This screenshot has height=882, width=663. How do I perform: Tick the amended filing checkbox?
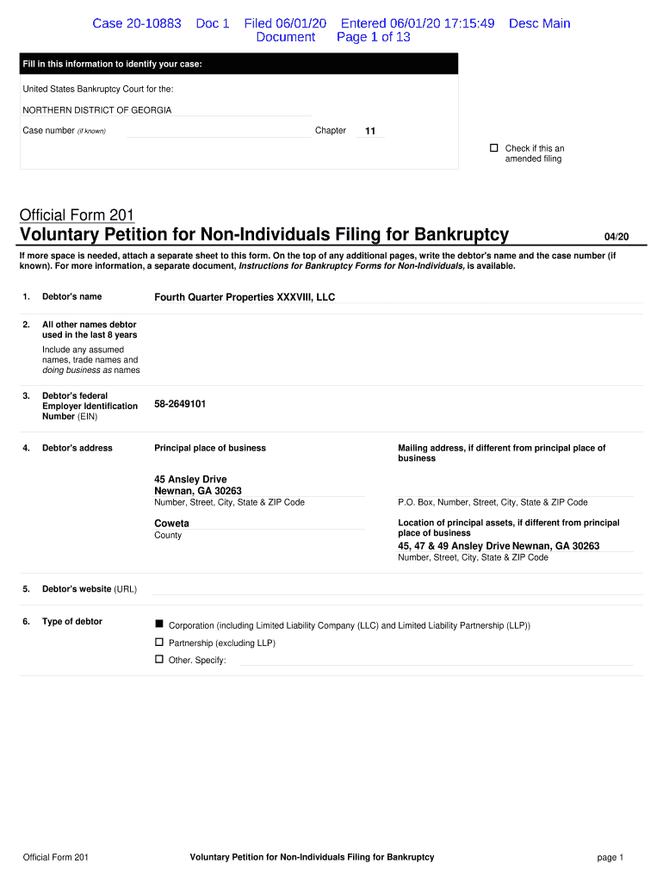494,148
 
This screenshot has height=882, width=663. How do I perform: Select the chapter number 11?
370,131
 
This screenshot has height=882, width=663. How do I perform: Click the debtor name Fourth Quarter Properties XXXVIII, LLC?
245,297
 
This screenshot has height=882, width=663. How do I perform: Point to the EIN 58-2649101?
180,403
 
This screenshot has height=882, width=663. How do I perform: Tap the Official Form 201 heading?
77,214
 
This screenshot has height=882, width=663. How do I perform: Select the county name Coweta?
171,523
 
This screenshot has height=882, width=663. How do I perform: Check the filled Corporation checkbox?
158,623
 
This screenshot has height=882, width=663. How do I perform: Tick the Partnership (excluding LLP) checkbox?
158,642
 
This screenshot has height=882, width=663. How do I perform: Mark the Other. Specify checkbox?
158,659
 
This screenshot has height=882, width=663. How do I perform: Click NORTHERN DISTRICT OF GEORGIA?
96,110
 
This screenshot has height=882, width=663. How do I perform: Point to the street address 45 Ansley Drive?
190,479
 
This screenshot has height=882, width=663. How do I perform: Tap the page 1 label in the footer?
610,857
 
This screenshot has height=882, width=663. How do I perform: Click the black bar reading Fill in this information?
239,65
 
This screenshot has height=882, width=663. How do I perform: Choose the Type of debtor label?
72,622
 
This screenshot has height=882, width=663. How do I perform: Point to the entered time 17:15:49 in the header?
466,23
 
